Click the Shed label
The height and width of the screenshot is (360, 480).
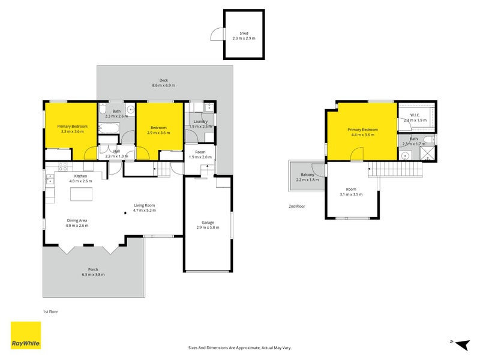tap(244, 33)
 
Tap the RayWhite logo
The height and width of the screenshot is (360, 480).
tap(26, 335)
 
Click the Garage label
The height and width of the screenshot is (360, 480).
tap(208, 223)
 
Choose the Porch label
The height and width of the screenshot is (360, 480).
tap(93, 269)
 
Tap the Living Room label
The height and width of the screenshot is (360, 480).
tap(144, 205)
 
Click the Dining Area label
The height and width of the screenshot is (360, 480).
tap(77, 220)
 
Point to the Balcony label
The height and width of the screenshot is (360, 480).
tap(307, 175)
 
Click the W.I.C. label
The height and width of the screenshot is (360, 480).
tap(415, 115)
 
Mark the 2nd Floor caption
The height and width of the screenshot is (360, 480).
tap(296, 206)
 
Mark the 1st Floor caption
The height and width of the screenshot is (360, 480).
tap(50, 312)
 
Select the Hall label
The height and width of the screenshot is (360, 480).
tap(116, 151)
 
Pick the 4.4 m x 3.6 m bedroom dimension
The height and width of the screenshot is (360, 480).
tap(362, 135)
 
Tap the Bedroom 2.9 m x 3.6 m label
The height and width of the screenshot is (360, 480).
tap(158, 128)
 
